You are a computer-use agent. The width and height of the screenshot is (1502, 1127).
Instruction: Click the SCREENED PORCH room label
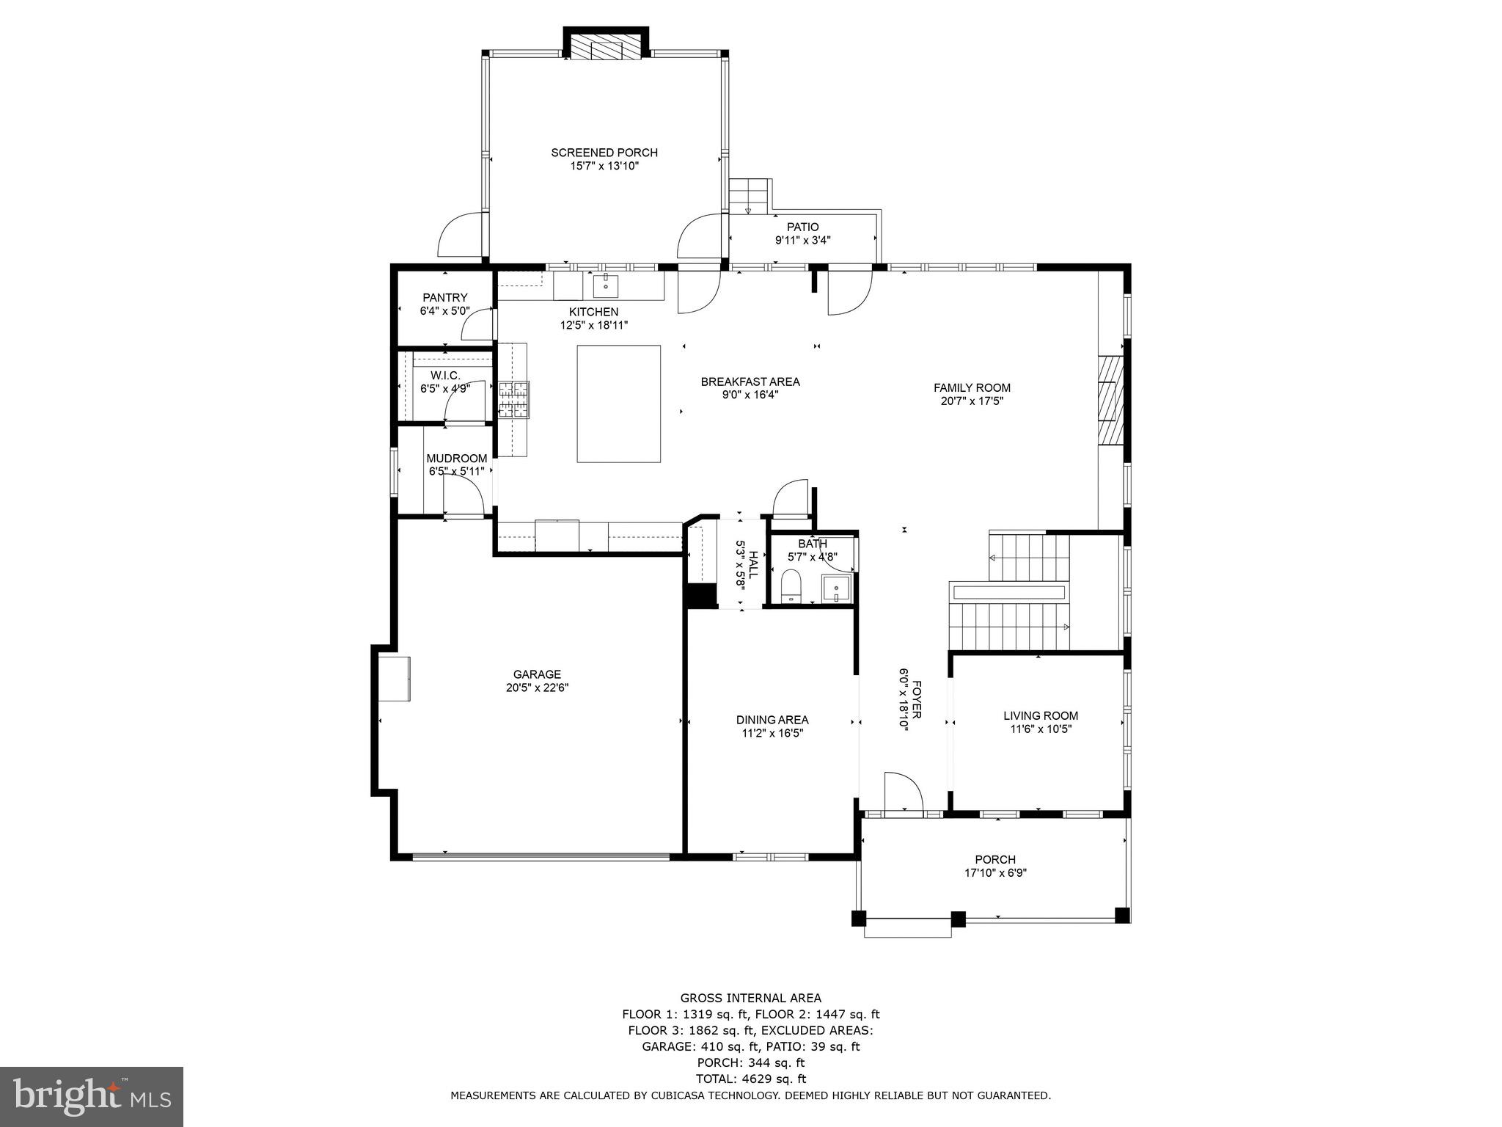[604, 153]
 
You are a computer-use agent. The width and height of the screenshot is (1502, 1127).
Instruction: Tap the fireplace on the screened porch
[606, 49]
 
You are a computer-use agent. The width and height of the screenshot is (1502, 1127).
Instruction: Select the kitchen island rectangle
[618, 404]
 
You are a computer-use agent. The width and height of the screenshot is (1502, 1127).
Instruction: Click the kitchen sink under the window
[606, 285]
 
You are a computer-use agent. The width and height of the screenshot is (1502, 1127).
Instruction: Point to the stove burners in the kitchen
[514, 400]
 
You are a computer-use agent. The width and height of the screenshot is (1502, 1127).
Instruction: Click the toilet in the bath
[791, 588]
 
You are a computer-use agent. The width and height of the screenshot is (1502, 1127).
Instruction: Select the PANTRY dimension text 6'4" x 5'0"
[444, 311]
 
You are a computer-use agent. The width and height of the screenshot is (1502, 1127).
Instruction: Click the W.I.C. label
[445, 375]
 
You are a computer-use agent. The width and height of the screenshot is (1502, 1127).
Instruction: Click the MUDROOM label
[456, 459]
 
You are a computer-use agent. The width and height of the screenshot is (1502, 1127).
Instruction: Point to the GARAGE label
[537, 674]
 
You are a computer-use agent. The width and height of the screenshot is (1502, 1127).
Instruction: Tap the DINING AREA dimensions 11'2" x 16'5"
[772, 733]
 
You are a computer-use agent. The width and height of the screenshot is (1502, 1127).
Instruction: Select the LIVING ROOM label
[1041, 715]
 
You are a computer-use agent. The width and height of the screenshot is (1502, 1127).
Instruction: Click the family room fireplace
[1110, 400]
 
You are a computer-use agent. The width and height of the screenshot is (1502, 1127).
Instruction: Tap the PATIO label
[802, 227]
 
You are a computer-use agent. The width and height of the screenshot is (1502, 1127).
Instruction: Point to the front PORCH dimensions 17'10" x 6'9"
[995, 873]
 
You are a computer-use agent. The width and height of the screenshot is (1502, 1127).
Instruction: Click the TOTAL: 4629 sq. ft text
[750, 1079]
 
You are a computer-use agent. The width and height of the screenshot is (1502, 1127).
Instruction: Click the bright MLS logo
[92, 1096]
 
